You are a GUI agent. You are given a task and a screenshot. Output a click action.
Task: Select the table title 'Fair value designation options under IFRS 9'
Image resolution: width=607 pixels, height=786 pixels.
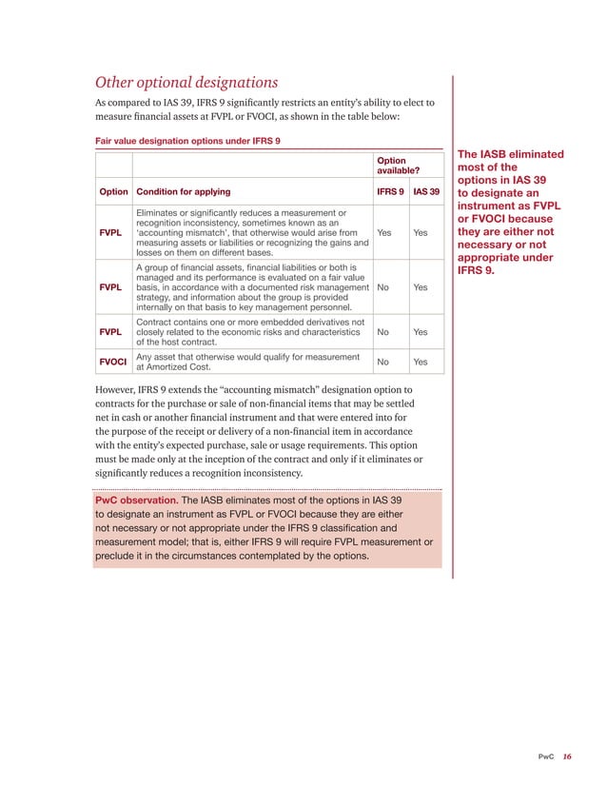pos(187,141)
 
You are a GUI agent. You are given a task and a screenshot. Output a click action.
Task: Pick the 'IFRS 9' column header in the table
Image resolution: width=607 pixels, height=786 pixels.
pos(389,191)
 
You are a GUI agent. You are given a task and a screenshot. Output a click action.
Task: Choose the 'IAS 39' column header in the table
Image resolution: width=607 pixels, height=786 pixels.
pos(425,191)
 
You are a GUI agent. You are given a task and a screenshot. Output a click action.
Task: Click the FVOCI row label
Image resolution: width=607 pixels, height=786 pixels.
pos(113,362)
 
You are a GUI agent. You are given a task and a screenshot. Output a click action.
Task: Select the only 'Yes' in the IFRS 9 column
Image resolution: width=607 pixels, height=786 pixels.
pos(383,231)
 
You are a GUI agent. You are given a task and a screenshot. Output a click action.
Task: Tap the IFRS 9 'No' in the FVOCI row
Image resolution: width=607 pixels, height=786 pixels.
pos(382,362)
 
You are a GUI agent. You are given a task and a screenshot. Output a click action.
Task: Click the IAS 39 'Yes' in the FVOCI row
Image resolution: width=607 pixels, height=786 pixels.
pos(420,362)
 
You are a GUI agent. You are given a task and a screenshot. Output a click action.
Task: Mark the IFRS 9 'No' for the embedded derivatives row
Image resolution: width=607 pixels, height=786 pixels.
pos(382,332)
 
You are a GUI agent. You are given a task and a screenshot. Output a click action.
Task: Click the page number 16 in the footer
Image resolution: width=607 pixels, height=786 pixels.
pos(567,757)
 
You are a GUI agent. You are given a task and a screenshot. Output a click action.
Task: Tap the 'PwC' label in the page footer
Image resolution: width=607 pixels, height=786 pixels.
pos(546,757)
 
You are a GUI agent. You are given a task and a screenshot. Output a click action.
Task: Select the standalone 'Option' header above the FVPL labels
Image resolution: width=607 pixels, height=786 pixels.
pos(113,191)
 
